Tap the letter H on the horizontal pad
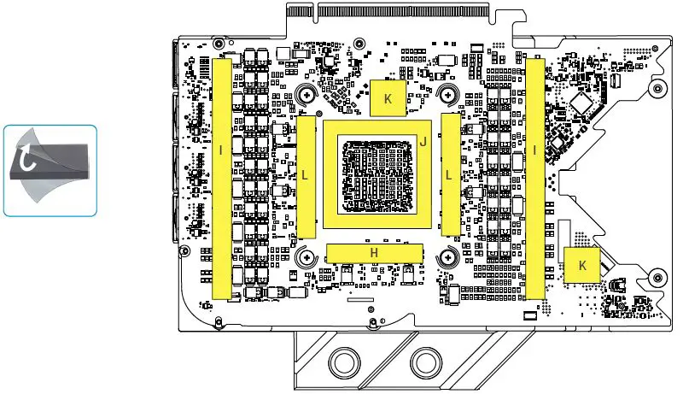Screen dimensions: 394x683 pos(374,252)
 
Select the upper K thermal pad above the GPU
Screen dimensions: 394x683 pos(388,98)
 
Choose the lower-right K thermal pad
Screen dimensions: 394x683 pos(582,265)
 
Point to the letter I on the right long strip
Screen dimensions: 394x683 pos(534,151)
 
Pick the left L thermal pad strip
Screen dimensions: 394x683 pos(305,177)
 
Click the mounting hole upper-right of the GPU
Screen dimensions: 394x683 pos(447,96)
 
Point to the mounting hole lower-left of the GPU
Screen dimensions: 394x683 pos(303,256)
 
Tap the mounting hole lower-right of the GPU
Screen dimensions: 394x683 pos(447,256)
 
